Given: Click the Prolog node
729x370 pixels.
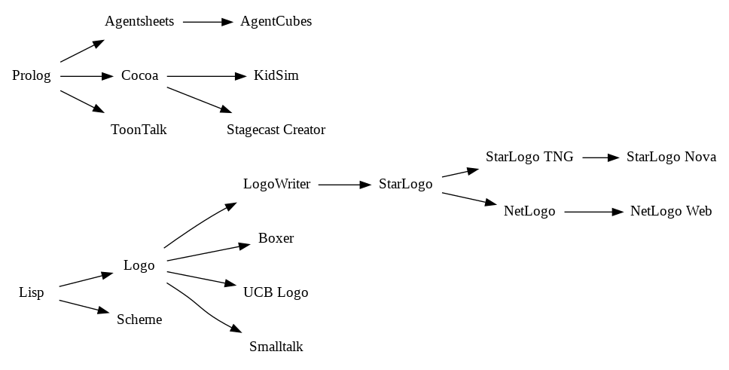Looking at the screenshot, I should pos(32,76).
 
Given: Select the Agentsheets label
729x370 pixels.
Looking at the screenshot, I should pos(139,22).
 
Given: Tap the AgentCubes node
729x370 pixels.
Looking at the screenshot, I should pos(276,22).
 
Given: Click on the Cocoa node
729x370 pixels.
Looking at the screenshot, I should pos(140,76).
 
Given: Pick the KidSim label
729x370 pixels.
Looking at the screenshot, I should pos(276,76).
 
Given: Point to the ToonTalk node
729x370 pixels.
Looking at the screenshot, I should pos(139,130).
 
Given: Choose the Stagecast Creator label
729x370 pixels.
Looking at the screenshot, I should pos(276,130).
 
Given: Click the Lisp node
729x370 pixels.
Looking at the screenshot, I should pos(32,293).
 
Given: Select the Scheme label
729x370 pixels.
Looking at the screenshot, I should pos(139,320).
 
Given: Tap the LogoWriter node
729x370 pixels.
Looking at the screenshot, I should pos(276,185).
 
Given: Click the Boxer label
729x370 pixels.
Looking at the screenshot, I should pos(276,239).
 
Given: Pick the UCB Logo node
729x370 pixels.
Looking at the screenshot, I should pos(276,293).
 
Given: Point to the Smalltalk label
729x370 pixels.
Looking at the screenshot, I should pos(276,347).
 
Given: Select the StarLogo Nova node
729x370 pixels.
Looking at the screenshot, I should pos(671,157).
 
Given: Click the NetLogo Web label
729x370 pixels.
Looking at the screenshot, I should pos(671,212).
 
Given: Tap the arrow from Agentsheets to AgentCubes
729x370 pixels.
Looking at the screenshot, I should pos(208,22).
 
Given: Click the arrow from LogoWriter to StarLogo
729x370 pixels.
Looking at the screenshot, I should pos(346,185).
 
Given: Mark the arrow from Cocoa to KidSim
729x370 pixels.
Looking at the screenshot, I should pos(206,76).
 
